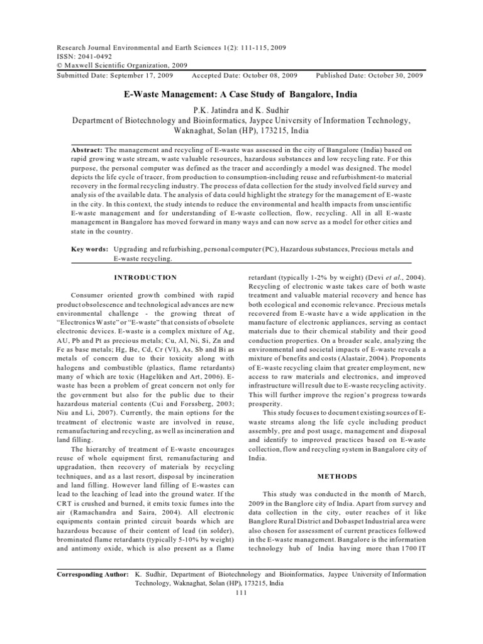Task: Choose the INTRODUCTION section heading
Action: tap(146, 277)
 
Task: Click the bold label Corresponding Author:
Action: tap(92, 574)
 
